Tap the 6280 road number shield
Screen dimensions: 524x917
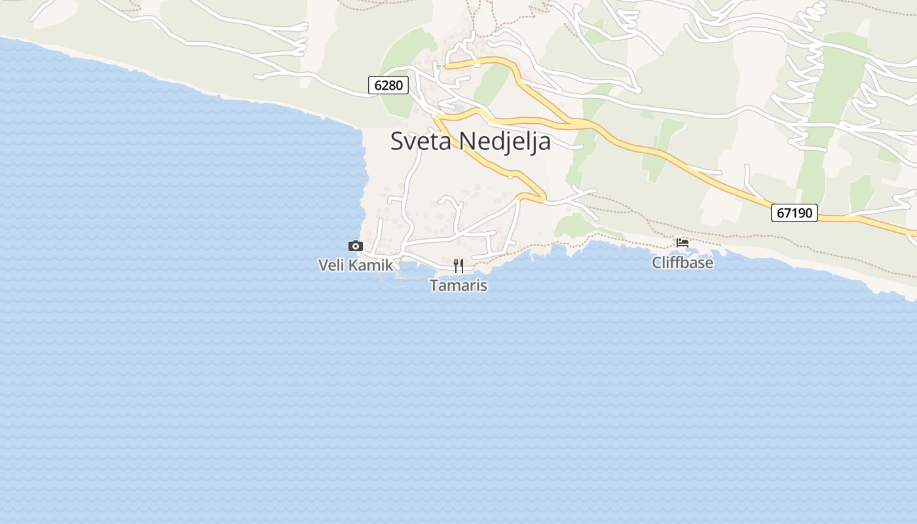388,84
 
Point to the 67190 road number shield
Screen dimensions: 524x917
795,213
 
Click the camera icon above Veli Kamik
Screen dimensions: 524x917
356,246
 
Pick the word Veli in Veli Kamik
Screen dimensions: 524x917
331,265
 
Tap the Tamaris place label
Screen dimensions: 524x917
458,286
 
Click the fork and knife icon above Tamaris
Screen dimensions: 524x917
458,265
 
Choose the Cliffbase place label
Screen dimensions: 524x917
683,263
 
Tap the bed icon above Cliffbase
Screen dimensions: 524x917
683,242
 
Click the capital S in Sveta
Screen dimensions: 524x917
397,141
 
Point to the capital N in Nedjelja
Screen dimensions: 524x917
466,141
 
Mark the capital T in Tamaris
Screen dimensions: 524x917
434,286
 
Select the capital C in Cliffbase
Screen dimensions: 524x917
656,263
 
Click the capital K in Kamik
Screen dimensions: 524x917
352,265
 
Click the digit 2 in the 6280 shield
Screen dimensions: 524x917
385,84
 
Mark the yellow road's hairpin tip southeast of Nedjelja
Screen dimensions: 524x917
544,196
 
